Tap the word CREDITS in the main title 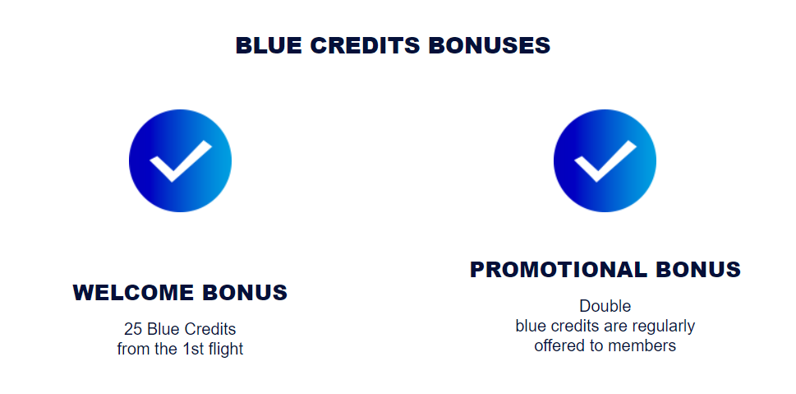tap(365, 46)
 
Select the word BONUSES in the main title tap(490, 46)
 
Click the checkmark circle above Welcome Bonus tap(180, 160)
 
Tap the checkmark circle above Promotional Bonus tap(605, 160)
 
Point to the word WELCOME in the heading tap(133, 293)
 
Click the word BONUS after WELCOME tap(245, 293)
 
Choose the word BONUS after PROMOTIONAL tap(698, 270)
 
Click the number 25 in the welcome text tap(132, 329)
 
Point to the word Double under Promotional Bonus tap(605, 306)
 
